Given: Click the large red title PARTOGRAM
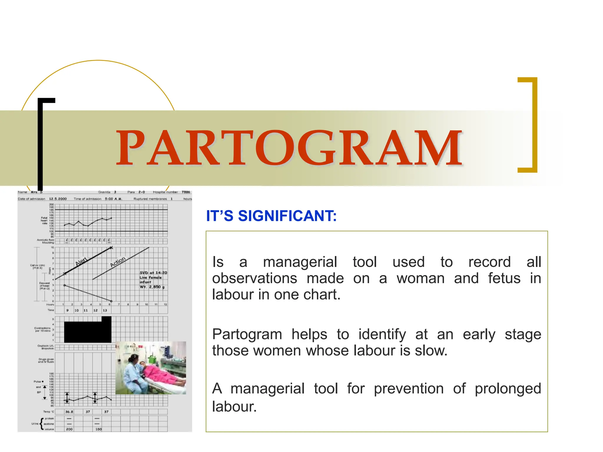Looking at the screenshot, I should [x=289, y=148].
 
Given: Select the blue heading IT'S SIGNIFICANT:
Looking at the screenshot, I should [x=271, y=216].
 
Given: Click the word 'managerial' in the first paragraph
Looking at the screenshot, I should [x=300, y=262].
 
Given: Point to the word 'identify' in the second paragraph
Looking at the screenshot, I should [x=382, y=334].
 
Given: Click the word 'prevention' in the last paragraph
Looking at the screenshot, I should [x=409, y=388].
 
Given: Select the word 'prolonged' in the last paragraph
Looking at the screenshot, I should [x=508, y=388].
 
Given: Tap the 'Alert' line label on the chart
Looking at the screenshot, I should [x=82, y=261].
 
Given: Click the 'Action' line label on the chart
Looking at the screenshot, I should [x=118, y=262].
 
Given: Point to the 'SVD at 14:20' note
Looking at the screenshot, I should [x=153, y=273].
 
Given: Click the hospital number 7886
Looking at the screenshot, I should [x=186, y=192].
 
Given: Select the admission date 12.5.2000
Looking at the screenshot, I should [x=58, y=199].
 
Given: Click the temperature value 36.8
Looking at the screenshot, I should [x=69, y=412].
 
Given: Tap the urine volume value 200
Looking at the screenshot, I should [x=69, y=429].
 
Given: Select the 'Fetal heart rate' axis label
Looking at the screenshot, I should [x=44, y=220].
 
